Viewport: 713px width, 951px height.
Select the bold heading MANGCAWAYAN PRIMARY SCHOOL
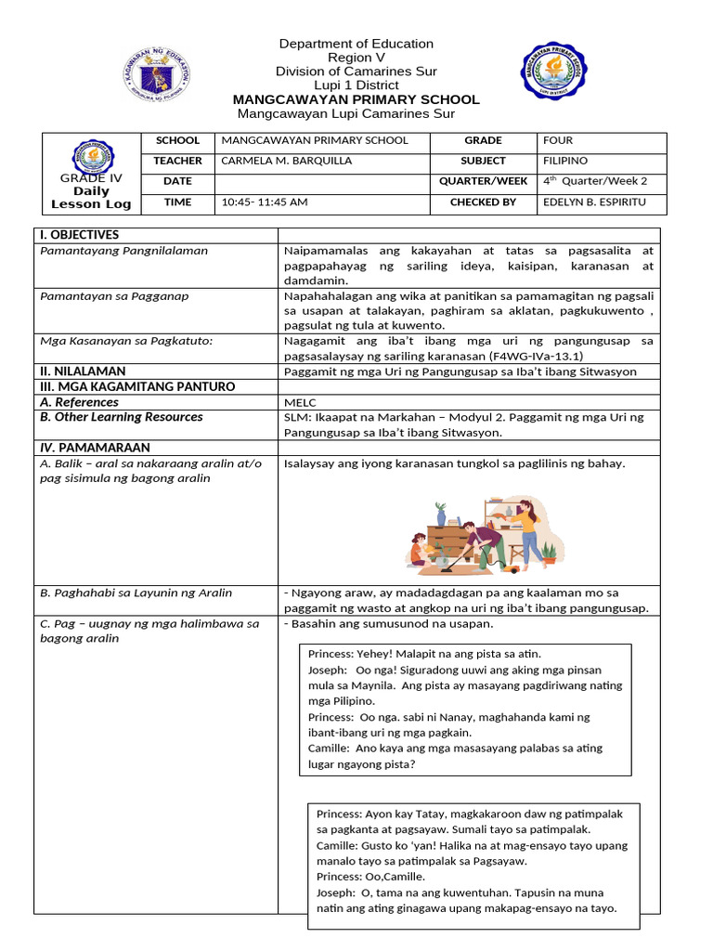[x=356, y=99]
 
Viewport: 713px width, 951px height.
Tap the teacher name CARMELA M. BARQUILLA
[x=287, y=161]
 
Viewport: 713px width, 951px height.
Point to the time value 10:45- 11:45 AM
[x=265, y=202]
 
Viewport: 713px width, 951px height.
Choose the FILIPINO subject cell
[x=565, y=161]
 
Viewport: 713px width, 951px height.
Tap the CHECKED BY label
[x=483, y=202]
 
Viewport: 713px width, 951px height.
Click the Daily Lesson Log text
[x=91, y=198]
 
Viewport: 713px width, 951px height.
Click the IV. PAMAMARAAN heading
[x=90, y=447]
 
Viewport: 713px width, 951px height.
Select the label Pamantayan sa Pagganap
[x=115, y=296]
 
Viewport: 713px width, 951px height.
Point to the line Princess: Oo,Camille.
[x=370, y=877]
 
